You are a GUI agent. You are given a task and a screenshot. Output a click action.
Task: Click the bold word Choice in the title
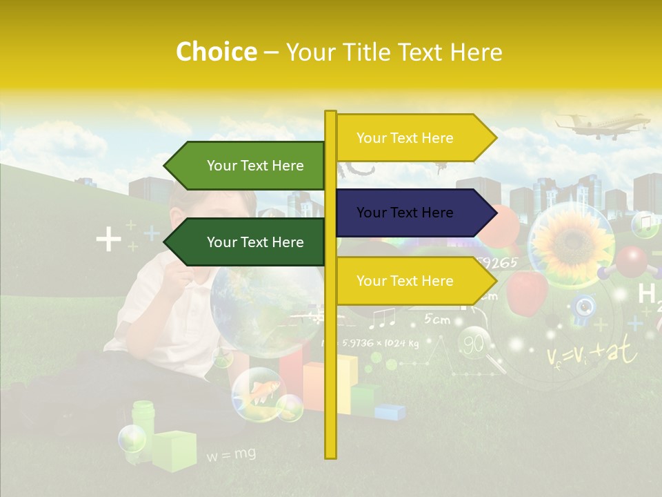click(216, 52)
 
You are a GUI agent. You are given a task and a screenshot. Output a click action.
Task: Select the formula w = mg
click(231, 454)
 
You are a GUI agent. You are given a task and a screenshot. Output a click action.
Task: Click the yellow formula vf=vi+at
click(592, 354)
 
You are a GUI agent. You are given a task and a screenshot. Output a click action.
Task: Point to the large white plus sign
click(108, 240)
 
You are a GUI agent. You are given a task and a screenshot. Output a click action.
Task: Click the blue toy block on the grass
click(390, 411)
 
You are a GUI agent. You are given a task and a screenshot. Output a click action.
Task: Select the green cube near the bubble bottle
click(174, 449)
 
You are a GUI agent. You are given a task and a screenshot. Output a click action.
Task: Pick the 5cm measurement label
click(437, 319)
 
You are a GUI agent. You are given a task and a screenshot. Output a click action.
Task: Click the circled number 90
click(474, 343)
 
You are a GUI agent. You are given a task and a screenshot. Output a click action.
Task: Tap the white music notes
click(382, 318)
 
